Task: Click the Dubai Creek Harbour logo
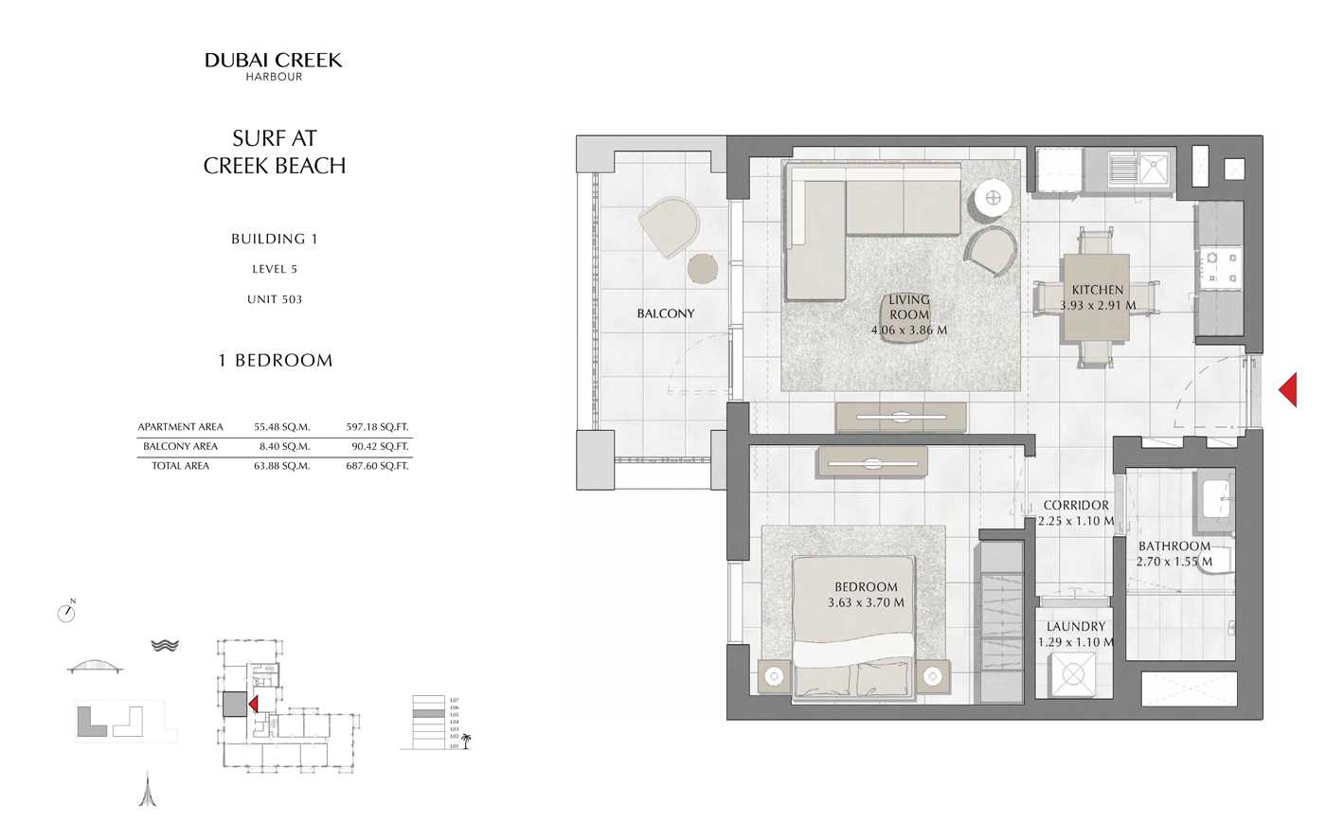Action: [x=274, y=65]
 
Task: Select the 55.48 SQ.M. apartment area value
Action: [x=281, y=427]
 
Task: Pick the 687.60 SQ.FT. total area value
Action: [x=377, y=466]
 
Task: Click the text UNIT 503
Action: [x=275, y=299]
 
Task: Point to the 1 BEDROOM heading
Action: [x=275, y=361]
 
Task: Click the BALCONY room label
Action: [x=665, y=313]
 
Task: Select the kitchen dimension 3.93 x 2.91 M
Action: [x=1097, y=306]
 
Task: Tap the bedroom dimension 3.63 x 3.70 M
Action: [x=866, y=602]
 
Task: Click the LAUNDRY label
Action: [x=1075, y=627]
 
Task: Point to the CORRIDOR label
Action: [x=1076, y=506]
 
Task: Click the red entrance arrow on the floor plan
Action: [x=1287, y=389]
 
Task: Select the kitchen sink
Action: [x=1155, y=170]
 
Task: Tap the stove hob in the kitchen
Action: [x=1221, y=267]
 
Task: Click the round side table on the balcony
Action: [x=703, y=268]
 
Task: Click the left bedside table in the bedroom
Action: [x=776, y=676]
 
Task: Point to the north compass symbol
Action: [x=66, y=613]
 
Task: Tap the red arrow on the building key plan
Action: [x=253, y=703]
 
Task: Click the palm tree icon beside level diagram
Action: [x=465, y=741]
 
